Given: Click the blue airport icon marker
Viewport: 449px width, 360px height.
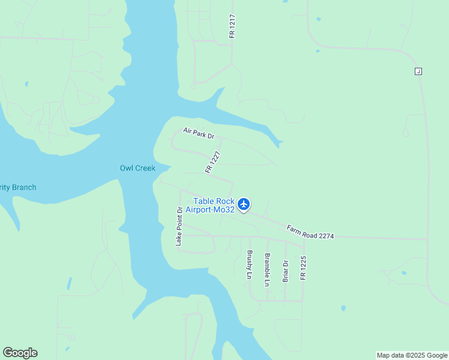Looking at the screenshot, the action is pyautogui.click(x=244, y=205).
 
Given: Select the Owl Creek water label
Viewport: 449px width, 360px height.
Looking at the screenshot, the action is pyautogui.click(x=137, y=168).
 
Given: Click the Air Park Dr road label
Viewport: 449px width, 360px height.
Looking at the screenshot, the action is pyautogui.click(x=199, y=133).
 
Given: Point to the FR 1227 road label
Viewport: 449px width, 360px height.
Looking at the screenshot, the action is pyautogui.click(x=213, y=162).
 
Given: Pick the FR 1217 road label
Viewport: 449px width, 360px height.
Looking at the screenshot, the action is pyautogui.click(x=232, y=26).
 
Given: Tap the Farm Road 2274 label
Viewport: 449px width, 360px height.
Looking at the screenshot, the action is pyautogui.click(x=310, y=232).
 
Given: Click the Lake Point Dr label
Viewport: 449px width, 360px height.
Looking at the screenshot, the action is pyautogui.click(x=179, y=226).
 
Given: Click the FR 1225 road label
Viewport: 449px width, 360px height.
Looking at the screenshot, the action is pyautogui.click(x=303, y=268).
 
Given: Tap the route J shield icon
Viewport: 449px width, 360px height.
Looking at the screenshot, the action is pyautogui.click(x=418, y=71).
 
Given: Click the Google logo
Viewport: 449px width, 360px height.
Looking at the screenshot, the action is pyautogui.click(x=20, y=353).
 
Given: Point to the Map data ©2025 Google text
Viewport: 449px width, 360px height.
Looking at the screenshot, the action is pyautogui.click(x=412, y=355).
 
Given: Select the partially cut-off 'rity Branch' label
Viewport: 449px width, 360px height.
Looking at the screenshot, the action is pyautogui.click(x=17, y=187).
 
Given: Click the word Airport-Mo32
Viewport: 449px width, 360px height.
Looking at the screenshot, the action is pyautogui.click(x=209, y=209).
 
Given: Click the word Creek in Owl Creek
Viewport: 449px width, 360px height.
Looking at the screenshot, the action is pyautogui.click(x=145, y=168).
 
